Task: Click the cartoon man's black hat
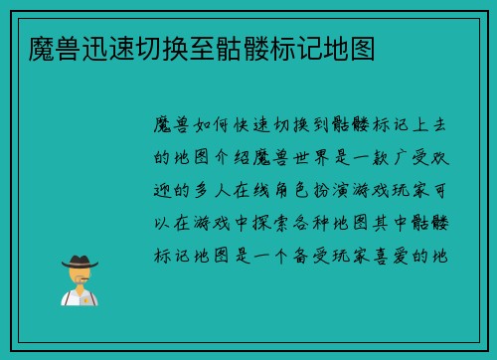pos(79,261)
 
